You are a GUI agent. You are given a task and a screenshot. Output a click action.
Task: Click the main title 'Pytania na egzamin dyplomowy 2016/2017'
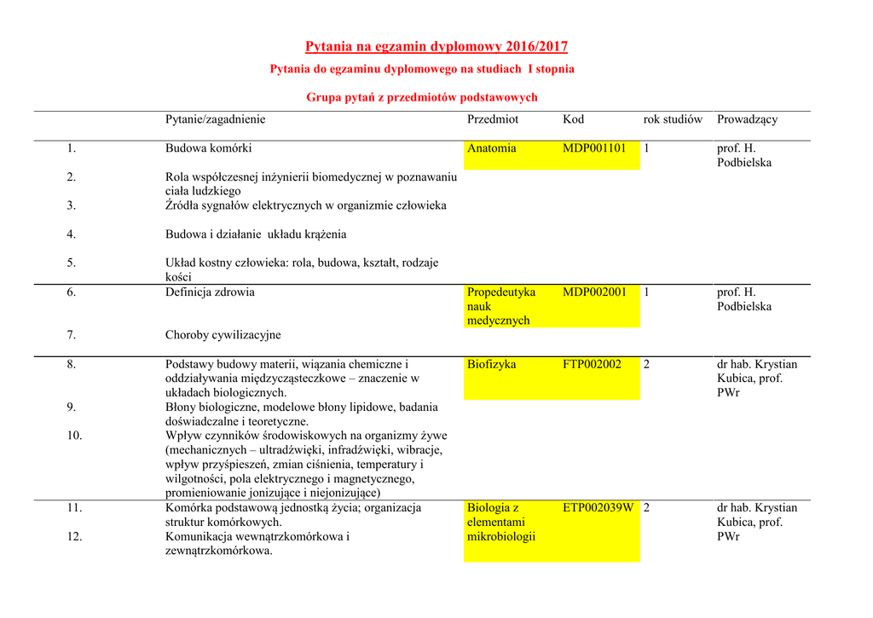[x=436, y=47]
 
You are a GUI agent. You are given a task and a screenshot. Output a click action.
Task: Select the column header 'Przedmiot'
[x=493, y=119]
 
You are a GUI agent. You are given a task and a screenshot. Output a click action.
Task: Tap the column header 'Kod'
[x=573, y=119]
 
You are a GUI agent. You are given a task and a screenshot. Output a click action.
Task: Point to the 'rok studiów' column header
[x=673, y=119]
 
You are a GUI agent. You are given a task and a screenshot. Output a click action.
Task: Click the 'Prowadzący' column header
[x=747, y=119]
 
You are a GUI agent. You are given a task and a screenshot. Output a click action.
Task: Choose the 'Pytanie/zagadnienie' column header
[x=215, y=119]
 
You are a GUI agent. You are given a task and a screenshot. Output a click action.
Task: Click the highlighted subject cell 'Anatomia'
[x=492, y=148]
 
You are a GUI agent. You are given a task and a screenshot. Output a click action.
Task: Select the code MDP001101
[x=594, y=148]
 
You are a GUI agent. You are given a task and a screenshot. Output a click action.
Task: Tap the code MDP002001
[x=594, y=292]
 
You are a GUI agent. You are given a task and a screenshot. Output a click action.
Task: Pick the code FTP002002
[x=592, y=364]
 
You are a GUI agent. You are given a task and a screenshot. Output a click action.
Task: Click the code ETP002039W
[x=598, y=508]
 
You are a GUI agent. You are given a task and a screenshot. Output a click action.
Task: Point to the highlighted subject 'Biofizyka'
[x=491, y=364]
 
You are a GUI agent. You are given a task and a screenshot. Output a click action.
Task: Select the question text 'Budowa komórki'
[x=208, y=148]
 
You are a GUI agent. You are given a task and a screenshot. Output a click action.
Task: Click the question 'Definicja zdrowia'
[x=210, y=292]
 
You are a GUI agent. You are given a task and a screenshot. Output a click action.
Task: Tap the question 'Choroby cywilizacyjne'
[x=223, y=335]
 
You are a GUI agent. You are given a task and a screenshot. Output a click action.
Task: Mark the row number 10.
[x=74, y=436]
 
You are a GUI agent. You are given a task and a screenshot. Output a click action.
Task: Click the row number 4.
[x=72, y=234]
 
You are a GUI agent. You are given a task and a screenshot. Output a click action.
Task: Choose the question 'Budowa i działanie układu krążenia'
[x=256, y=234]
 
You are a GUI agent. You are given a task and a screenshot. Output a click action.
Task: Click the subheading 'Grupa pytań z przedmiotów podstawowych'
[x=422, y=98]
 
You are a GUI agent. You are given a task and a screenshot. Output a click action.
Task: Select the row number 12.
[x=74, y=537]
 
